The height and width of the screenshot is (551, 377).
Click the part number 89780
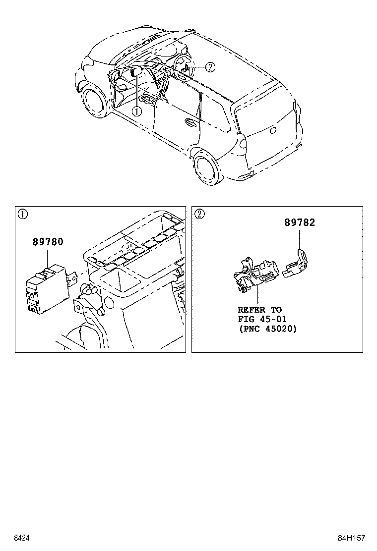[x=48, y=242]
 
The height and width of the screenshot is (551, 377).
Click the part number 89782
[x=300, y=223]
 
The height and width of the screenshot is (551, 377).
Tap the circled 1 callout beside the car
[x=136, y=111]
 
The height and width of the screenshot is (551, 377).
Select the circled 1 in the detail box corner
[x=22, y=215]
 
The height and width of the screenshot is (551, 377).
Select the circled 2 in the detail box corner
[x=199, y=215]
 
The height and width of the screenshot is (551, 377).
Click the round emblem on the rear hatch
[x=272, y=130]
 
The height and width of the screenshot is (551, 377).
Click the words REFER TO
[x=259, y=310]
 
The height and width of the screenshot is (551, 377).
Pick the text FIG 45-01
[x=262, y=319]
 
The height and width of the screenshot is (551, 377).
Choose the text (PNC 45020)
[x=267, y=329]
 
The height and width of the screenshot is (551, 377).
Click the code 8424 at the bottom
[x=21, y=538]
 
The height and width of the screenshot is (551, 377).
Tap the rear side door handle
[x=190, y=121]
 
